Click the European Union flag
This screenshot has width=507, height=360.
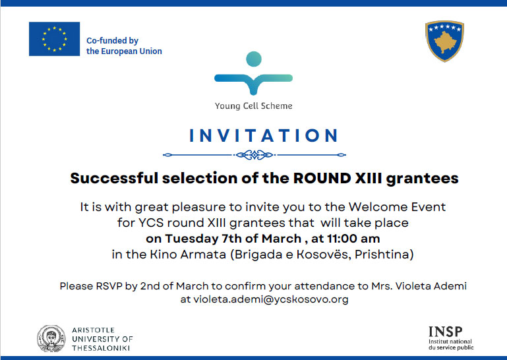point(54,39)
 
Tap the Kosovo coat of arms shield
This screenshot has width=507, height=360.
point(444,41)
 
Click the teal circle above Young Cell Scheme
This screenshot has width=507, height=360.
point(254,59)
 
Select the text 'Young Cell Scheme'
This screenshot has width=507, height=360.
point(253,106)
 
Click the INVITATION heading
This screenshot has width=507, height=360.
point(263,136)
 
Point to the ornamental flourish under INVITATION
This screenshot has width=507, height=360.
point(254,155)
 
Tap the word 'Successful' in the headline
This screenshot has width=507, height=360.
point(114,178)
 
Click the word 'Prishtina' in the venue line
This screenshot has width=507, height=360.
point(384,255)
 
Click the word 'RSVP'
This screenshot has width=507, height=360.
point(109,286)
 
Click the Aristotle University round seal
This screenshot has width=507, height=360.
point(51,339)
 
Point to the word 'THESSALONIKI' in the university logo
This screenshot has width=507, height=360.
point(101,348)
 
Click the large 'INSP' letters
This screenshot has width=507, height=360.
point(445,332)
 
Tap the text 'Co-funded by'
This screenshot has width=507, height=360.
point(112,41)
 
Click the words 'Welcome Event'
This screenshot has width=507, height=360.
point(397,207)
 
